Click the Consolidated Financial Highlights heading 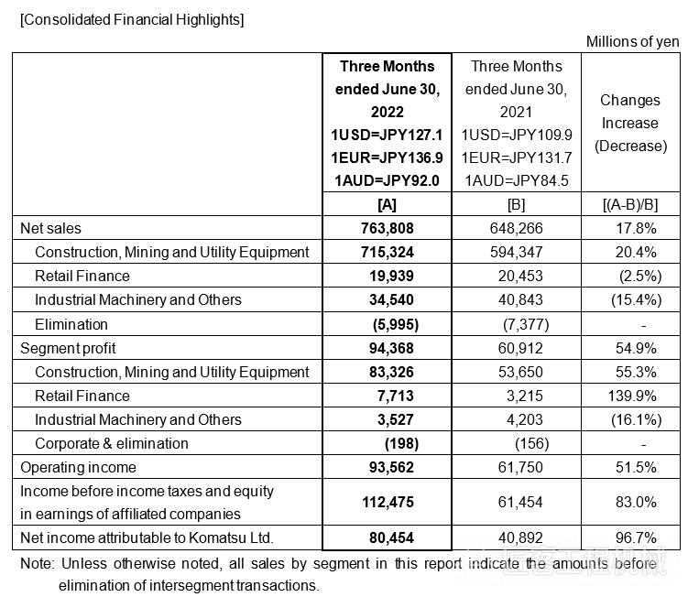(x=132, y=19)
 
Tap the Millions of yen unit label (x=632, y=41)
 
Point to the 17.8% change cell (x=630, y=228)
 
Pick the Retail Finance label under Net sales (x=82, y=276)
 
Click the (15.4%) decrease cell (x=630, y=299)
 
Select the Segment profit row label (x=69, y=348)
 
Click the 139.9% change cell (x=630, y=396)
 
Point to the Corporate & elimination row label (x=112, y=443)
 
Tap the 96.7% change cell (x=630, y=537)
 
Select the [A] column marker (x=387, y=203)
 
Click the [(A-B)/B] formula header (x=630, y=203)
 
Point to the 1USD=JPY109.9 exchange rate (x=516, y=135)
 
